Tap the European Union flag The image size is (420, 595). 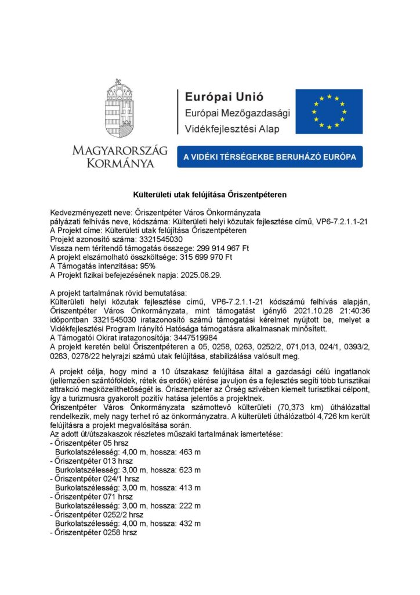328,111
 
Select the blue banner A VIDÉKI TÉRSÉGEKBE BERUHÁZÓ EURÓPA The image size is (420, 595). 270,157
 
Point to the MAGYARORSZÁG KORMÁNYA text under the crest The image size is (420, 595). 120,157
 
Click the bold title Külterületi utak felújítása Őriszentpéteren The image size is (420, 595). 210,193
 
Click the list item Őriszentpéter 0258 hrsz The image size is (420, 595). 96,532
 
